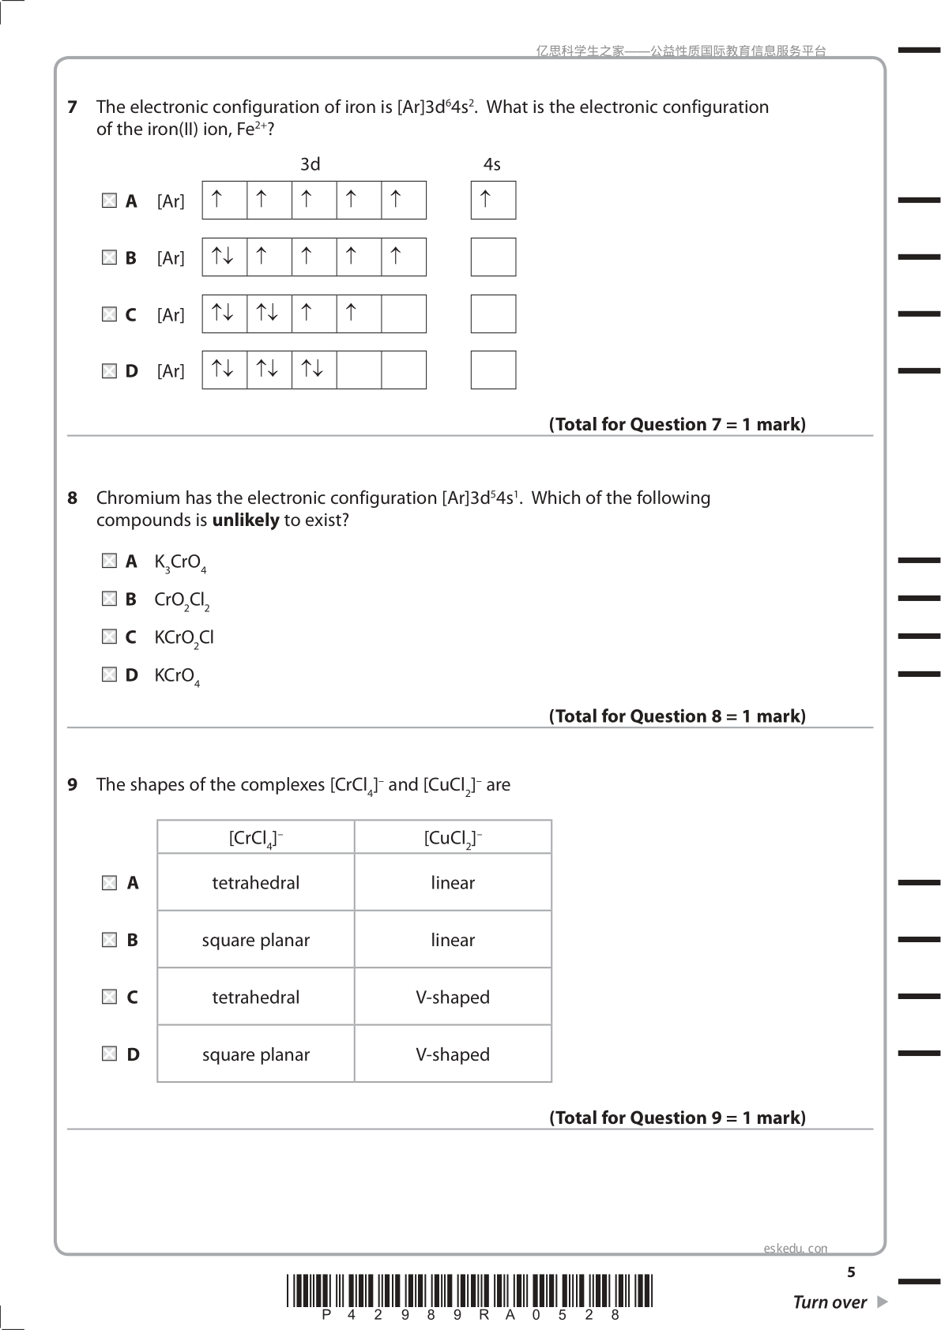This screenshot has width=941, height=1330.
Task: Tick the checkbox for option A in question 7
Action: tap(109, 201)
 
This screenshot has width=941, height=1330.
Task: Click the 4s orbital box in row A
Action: tap(493, 200)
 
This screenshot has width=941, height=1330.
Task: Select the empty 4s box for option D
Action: tap(493, 370)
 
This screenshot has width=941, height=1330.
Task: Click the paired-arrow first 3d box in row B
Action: tap(224, 257)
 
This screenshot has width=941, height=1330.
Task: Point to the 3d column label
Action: tap(311, 164)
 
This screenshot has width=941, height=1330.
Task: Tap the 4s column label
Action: tap(492, 164)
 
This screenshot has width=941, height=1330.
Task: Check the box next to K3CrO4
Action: tap(109, 561)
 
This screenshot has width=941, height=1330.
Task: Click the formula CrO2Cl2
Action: tap(182, 600)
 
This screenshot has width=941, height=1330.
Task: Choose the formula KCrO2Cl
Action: tap(184, 638)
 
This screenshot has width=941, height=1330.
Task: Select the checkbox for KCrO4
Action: tap(109, 674)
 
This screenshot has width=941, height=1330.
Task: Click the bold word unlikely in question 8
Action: tap(246, 520)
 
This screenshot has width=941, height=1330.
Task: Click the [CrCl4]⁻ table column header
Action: tap(256, 838)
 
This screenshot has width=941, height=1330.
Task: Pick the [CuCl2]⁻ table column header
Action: tap(453, 838)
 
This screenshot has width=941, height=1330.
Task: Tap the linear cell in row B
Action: tap(453, 940)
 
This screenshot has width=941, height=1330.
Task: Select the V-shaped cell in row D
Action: tap(453, 1054)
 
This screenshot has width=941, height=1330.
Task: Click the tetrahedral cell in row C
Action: tap(256, 997)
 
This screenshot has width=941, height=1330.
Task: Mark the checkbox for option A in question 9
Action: tap(109, 883)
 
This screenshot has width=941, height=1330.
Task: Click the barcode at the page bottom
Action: tap(469, 1292)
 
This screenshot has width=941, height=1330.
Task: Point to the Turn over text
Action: tap(830, 1302)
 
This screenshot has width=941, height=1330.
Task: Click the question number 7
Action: tap(73, 107)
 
